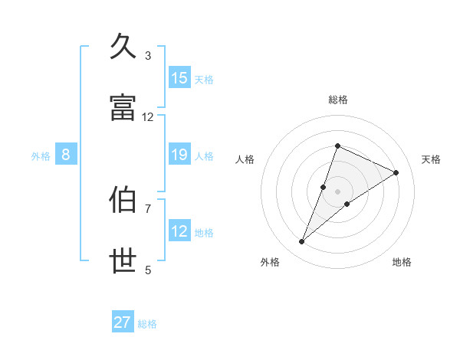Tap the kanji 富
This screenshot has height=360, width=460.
point(124,107)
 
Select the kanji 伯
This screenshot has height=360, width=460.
point(124,199)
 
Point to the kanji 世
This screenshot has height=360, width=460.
point(124,260)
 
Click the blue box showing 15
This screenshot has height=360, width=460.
point(179,78)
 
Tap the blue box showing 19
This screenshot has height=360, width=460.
point(179,155)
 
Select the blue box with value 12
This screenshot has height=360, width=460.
point(179,231)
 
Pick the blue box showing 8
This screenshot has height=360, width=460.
point(66,155)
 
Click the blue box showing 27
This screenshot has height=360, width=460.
point(123,322)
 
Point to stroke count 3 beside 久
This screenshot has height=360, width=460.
point(148,55)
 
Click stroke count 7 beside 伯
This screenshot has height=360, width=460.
point(148,208)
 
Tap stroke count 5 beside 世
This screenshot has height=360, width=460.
point(148,270)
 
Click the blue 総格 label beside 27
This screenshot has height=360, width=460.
point(147,324)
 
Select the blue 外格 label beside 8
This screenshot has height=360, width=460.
point(41,155)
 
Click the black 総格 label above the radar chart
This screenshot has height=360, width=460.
point(337,100)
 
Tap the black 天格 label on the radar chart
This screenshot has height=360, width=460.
point(431,159)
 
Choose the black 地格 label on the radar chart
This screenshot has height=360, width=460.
point(402,262)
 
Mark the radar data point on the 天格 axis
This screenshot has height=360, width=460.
point(396,172)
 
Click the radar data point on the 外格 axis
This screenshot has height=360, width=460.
point(302,242)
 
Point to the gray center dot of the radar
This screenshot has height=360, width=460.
point(337,191)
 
